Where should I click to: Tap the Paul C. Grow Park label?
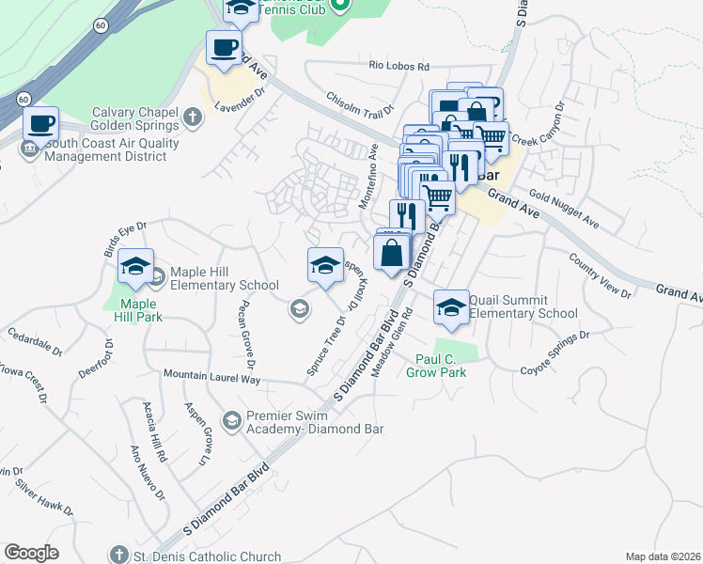pyautogui.click(x=442, y=365)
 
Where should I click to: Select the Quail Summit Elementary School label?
pyautogui.click(x=523, y=306)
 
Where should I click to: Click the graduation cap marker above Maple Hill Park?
pyautogui.click(x=136, y=268)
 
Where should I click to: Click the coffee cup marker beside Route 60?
pyautogui.click(x=40, y=124)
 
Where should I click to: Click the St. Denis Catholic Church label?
pyautogui.click(x=207, y=555)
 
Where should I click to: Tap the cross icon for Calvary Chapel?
pyautogui.click(x=193, y=118)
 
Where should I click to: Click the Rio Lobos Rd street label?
pyautogui.click(x=398, y=67)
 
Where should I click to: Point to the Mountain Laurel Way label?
pyautogui.click(x=211, y=377)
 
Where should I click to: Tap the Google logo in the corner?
pyautogui.click(x=31, y=553)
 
